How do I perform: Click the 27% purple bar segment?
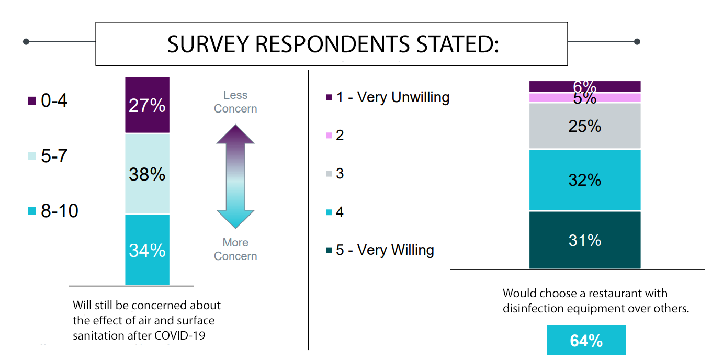[147, 105]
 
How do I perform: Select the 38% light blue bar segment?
[147, 174]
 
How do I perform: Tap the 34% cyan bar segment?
[147, 250]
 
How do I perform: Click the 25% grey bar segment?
[585, 126]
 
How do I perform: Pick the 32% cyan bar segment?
[585, 180]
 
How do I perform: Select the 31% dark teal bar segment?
[585, 240]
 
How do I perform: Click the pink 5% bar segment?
[585, 97]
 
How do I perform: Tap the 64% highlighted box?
[586, 340]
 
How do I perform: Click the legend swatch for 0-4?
[31, 101]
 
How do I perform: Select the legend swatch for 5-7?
[31, 156]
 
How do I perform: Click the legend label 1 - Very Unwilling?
[393, 97]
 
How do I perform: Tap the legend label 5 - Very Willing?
[385, 250]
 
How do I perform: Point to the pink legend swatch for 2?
[329, 136]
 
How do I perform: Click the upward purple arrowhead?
[235, 134]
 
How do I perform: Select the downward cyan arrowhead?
[235, 219]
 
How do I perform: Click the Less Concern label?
[235, 102]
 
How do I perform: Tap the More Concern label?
[235, 249]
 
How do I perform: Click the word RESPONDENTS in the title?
[333, 44]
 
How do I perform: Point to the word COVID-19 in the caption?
[179, 335]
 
